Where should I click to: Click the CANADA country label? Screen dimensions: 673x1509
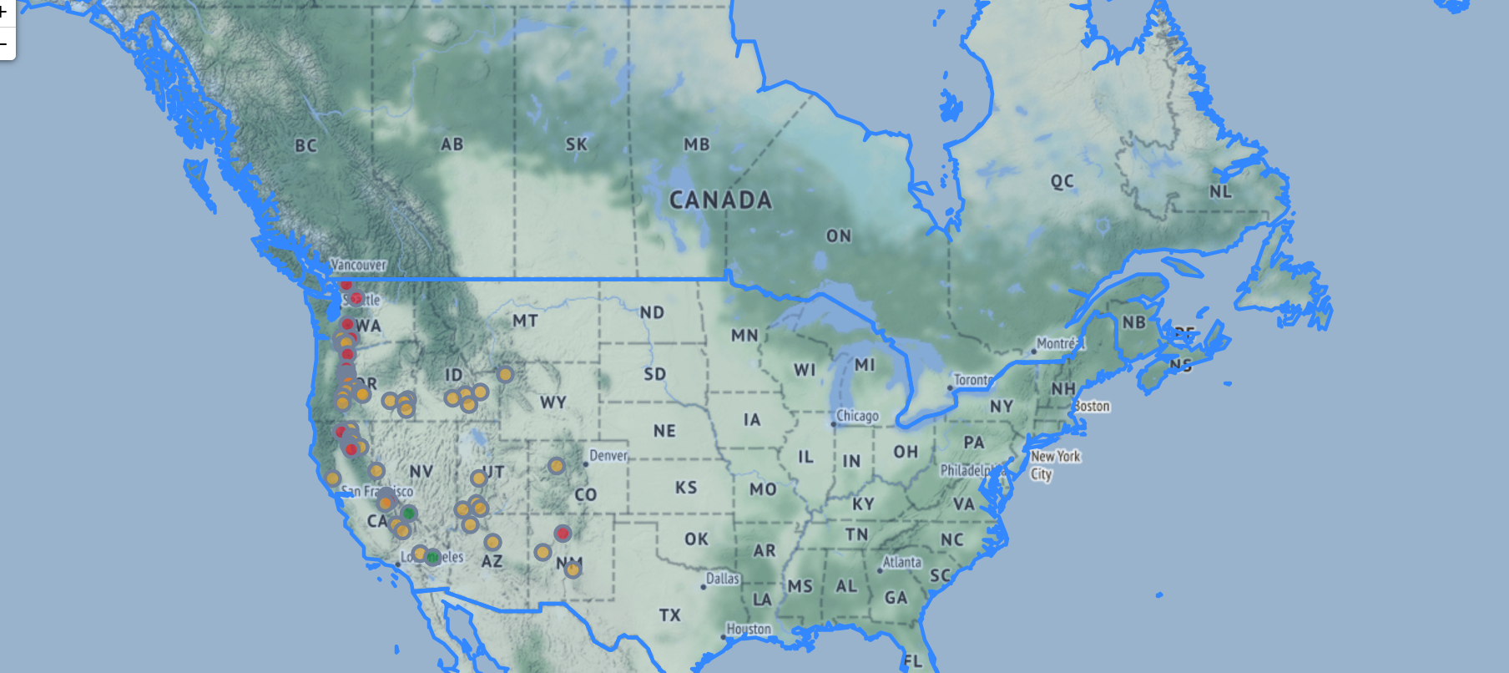[x=720, y=200]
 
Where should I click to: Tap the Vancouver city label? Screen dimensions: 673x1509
[x=358, y=265]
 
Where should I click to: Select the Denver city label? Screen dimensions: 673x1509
[x=608, y=455]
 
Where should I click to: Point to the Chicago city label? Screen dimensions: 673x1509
[x=857, y=415]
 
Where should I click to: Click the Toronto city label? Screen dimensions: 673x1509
[x=972, y=380]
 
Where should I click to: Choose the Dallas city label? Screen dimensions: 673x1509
[x=723, y=578]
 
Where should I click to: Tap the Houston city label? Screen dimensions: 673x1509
[x=749, y=629]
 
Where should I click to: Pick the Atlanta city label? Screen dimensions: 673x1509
[x=902, y=562]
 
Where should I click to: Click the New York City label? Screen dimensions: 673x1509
[x=1054, y=465]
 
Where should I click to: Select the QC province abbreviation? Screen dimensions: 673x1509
[x=1062, y=181]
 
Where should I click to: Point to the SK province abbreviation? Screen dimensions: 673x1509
[x=576, y=144]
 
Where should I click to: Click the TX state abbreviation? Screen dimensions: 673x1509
[x=669, y=615]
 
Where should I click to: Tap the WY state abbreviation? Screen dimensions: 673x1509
[x=553, y=402]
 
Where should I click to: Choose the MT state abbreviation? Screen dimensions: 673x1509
[x=525, y=321]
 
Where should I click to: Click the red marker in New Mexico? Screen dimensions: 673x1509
[x=563, y=534]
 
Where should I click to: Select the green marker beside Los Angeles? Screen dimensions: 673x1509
[x=432, y=557]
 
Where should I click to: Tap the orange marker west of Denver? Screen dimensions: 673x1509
[x=557, y=466]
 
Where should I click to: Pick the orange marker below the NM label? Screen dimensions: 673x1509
[x=573, y=569]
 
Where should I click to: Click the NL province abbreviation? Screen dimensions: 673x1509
[x=1220, y=191]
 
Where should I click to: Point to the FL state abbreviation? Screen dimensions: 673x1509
[x=912, y=661]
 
